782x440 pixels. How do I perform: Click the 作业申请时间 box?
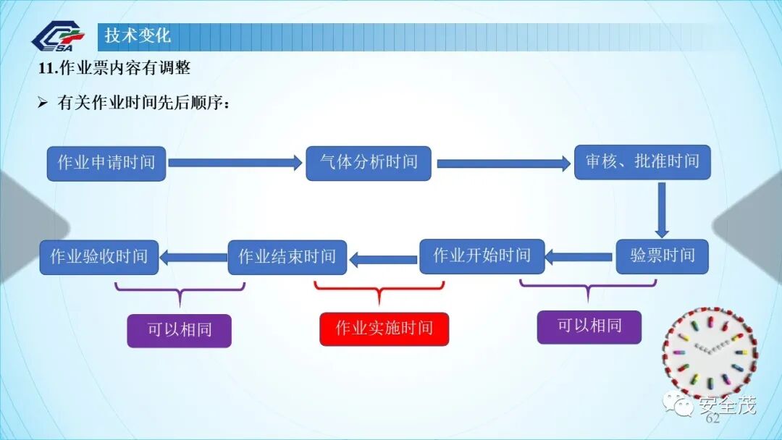tap(106, 163)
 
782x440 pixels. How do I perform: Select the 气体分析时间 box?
tap(369, 163)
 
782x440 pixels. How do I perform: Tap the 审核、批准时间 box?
tap(642, 162)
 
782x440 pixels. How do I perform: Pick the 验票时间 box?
tap(662, 256)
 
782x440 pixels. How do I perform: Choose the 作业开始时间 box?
tap(482, 256)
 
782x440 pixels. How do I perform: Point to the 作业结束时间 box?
tap(287, 257)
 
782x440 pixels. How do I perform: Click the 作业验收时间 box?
tap(98, 257)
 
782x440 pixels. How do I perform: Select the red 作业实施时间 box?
tap(384, 329)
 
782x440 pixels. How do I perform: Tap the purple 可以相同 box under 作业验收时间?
tap(180, 330)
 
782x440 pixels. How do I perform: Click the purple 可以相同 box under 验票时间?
tap(589, 326)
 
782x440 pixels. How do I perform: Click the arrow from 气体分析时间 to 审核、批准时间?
tap(504, 164)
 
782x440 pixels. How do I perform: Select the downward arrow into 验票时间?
tap(662, 209)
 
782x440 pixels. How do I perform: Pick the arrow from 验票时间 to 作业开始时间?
tap(580, 256)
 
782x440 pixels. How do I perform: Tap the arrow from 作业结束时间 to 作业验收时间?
tap(193, 256)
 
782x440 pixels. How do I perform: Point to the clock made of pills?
tap(710, 354)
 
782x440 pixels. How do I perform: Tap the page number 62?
tap(712, 419)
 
